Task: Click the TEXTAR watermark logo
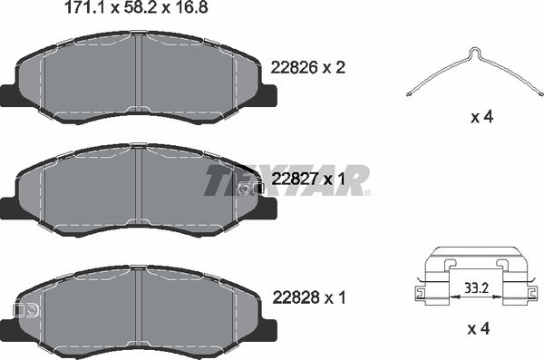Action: [286, 179]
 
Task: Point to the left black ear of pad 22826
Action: [11, 93]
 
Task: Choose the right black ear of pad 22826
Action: [268, 95]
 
